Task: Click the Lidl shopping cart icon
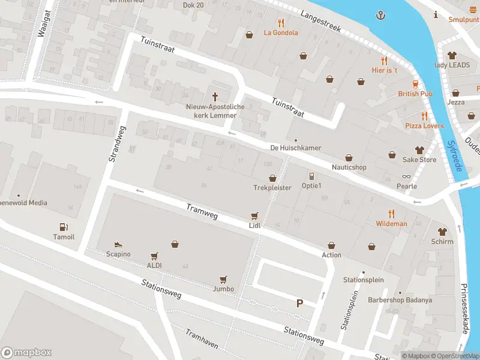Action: click(254, 215)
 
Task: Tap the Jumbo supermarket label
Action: click(223, 289)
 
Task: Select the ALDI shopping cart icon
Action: click(154, 256)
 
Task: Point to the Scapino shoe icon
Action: click(118, 244)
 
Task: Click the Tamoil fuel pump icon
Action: click(64, 227)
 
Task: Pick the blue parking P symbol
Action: click(299, 304)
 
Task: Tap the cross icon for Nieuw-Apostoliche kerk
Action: click(215, 97)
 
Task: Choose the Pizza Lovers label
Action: click(424, 126)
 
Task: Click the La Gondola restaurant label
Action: click(281, 32)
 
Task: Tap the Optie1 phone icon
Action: click(311, 176)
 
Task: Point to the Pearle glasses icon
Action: click(407, 176)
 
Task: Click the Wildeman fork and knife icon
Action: click(391, 213)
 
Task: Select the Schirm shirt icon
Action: click(442, 230)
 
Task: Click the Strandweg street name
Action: click(116, 144)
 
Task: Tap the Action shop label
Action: click(331, 255)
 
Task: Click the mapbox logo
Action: click(26, 353)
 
